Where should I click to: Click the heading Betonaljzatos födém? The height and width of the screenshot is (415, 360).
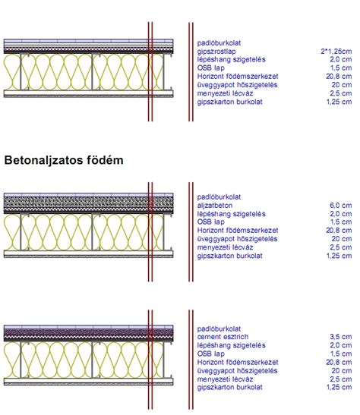[x=64, y=161]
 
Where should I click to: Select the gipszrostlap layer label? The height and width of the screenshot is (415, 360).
[x=216, y=52]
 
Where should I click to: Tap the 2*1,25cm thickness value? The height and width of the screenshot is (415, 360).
[x=336, y=52]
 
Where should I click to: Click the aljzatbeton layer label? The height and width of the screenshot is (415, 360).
[x=215, y=206]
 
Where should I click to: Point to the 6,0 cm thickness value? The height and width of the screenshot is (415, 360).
[x=341, y=206]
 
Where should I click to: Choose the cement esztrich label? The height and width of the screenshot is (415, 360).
[x=223, y=337]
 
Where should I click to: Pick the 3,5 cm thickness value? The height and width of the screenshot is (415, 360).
[x=341, y=337]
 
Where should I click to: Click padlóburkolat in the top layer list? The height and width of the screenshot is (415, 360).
[x=219, y=43]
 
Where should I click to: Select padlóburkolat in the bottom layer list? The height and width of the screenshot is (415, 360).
[x=219, y=329]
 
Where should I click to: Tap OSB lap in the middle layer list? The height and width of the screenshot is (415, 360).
[x=211, y=222]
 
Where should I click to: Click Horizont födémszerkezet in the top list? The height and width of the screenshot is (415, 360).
[x=238, y=77]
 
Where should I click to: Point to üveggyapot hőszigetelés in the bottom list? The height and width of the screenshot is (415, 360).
[x=238, y=370]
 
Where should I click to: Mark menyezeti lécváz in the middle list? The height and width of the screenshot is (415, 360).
[x=225, y=247]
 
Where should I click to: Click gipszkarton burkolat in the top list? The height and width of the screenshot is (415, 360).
[x=229, y=102]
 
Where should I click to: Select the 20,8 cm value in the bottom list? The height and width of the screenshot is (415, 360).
[x=339, y=362]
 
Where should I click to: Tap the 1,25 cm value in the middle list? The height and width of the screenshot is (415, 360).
[x=339, y=256]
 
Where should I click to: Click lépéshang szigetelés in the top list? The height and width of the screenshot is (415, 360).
[x=231, y=59]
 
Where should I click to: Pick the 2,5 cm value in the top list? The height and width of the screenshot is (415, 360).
[x=341, y=93]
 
